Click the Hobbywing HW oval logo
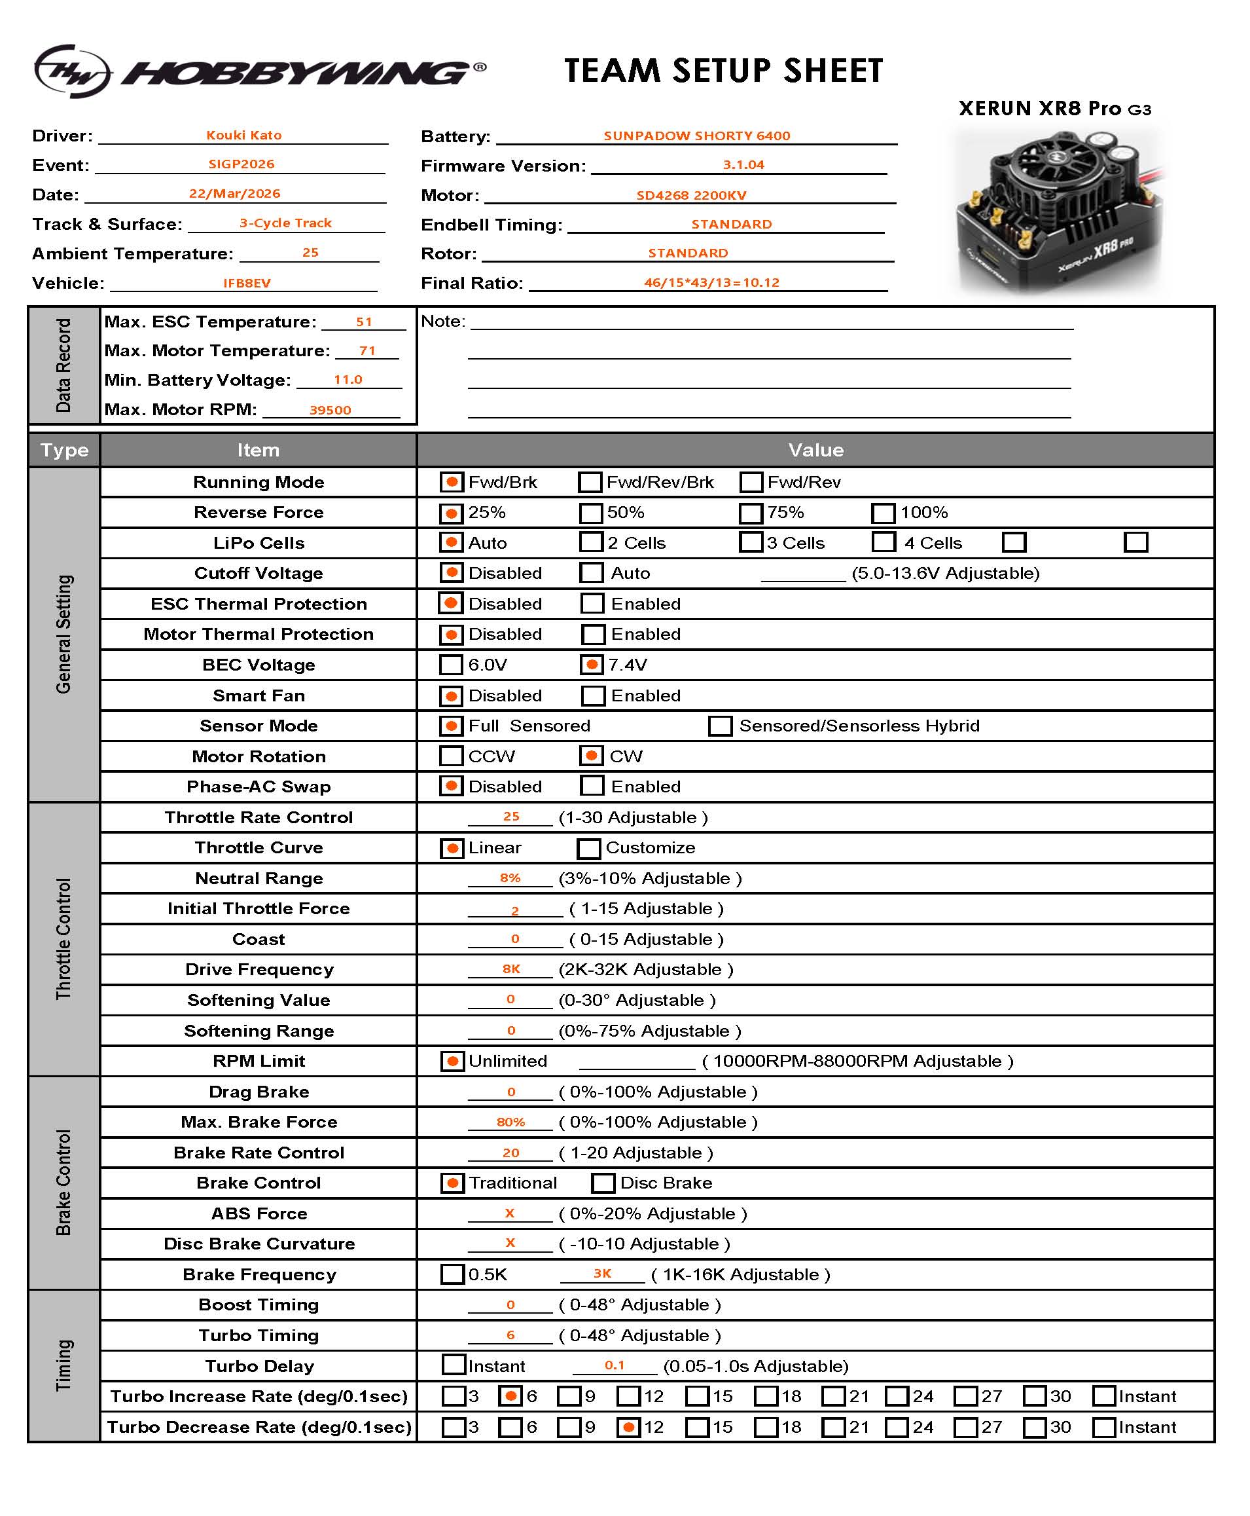[x=72, y=71]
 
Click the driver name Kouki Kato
[x=243, y=136]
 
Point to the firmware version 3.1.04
[x=743, y=165]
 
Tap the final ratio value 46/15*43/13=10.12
[x=711, y=282]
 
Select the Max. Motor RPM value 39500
[x=330, y=410]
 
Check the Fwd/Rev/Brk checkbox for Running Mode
[x=590, y=482]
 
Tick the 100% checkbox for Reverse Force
[x=883, y=513]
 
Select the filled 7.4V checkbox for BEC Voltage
[x=591, y=664]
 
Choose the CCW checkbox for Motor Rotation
[x=451, y=756]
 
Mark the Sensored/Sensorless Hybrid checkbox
[x=720, y=726]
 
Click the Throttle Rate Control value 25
[x=510, y=817]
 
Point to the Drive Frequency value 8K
[x=510, y=969]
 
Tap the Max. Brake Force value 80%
[x=510, y=1122]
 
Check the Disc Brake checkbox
[x=603, y=1183]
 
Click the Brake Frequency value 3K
[x=602, y=1273]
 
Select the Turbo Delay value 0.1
[x=614, y=1365]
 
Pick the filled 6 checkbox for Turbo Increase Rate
[x=510, y=1396]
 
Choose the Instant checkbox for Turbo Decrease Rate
[x=1103, y=1427]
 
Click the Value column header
[x=815, y=451]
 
